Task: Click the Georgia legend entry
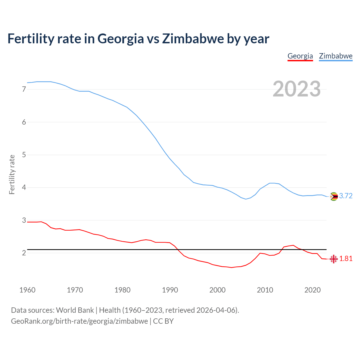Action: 300,56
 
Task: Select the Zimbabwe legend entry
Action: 336,56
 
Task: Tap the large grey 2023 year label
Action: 297,89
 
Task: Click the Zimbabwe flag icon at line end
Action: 334,196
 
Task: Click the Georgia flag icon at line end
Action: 334,259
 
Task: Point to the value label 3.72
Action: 346,196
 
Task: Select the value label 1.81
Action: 346,259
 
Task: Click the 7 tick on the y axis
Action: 24,89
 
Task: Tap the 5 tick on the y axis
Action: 24,155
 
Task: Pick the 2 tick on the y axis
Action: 24,253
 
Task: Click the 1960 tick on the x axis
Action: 27,290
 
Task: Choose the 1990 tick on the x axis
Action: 170,290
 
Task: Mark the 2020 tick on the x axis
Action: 312,290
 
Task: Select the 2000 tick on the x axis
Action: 217,290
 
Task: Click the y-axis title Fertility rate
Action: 12,174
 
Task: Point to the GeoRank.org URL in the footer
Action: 79,321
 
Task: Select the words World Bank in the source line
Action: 75,310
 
